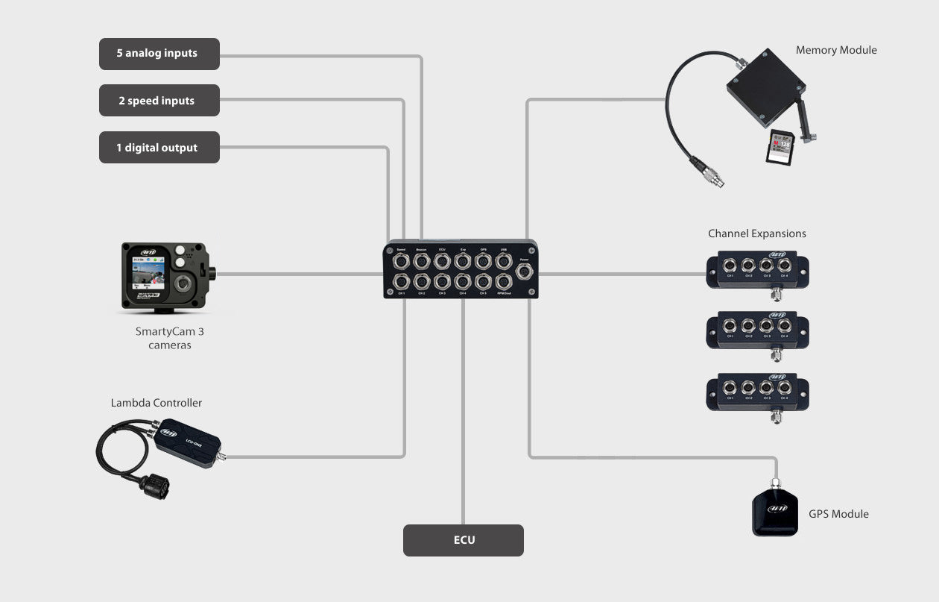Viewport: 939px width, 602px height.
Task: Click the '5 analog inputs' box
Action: (159, 54)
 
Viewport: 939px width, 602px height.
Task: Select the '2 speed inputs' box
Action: (159, 101)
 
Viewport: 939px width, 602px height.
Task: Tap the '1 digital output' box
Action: (159, 148)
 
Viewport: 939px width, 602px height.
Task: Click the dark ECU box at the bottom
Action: (463, 540)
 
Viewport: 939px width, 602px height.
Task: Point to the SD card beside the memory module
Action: (780, 147)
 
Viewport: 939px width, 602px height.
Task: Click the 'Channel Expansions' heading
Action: (756, 233)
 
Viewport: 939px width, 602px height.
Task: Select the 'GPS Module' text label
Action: (838, 514)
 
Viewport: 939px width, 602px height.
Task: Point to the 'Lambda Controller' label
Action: (156, 403)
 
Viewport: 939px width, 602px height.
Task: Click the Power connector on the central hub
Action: (525, 271)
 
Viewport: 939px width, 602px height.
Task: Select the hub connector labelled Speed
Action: (401, 260)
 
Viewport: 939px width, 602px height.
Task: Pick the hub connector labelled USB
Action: (504, 260)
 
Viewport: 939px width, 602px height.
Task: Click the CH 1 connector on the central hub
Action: (401, 282)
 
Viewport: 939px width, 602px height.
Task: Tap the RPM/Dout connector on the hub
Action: (504, 282)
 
